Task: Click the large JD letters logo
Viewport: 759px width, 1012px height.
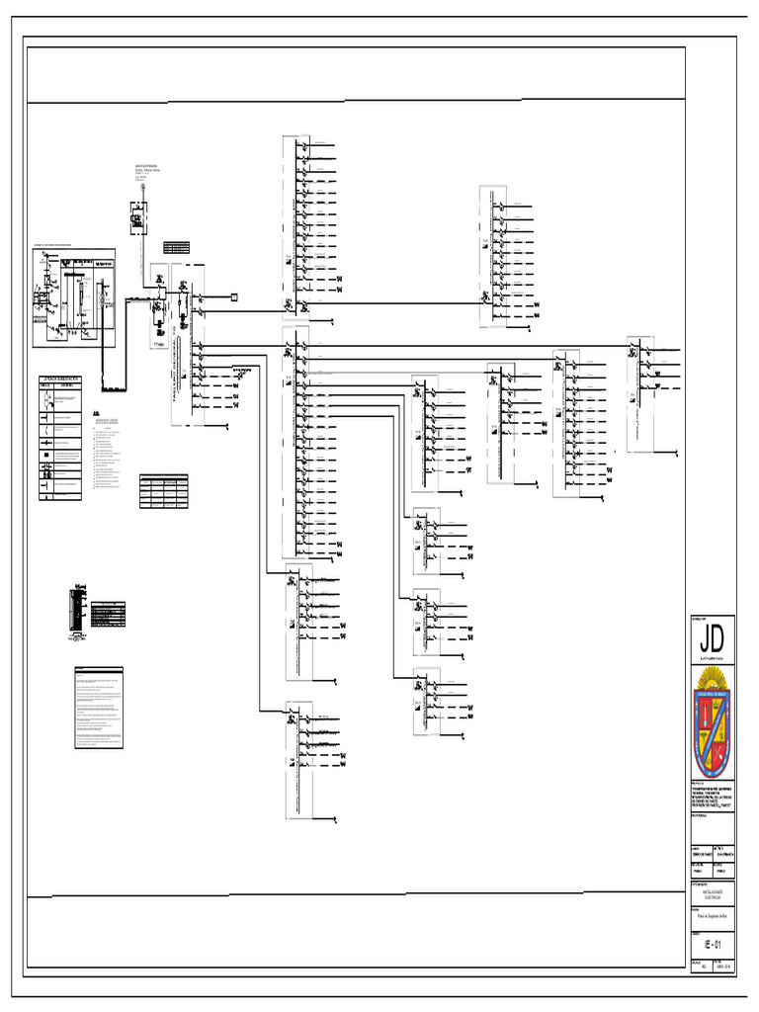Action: pyautogui.click(x=712, y=635)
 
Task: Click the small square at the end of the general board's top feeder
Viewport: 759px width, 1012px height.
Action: pyautogui.click(x=235, y=296)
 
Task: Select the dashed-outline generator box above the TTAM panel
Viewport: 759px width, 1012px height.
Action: pyautogui.click(x=138, y=216)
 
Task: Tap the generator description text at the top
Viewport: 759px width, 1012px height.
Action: pyautogui.click(x=147, y=171)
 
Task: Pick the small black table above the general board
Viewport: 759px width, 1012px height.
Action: pyautogui.click(x=176, y=246)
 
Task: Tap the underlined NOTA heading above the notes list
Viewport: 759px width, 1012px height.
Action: pyautogui.click(x=97, y=413)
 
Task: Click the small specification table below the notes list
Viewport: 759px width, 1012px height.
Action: pyautogui.click(x=163, y=491)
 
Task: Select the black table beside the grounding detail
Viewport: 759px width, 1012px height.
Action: pyautogui.click(x=108, y=615)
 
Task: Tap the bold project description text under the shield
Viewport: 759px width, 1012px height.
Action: pyautogui.click(x=712, y=796)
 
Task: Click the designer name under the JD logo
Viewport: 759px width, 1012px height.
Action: pyautogui.click(x=712, y=656)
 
